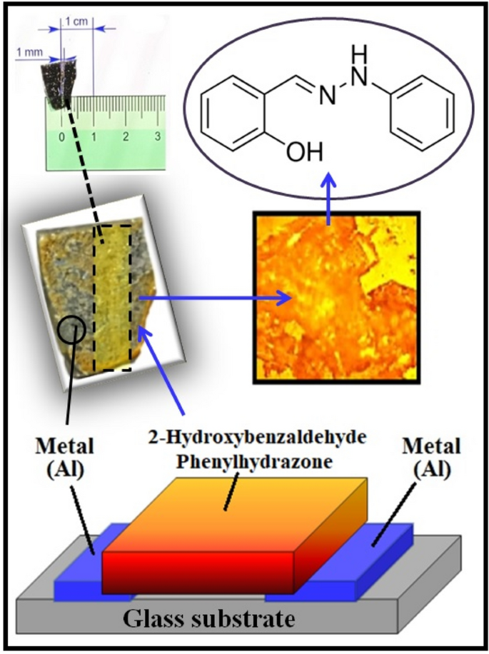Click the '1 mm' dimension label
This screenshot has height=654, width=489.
(x=30, y=53)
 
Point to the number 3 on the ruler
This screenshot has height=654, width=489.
(x=156, y=136)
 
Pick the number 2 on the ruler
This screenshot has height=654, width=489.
(x=126, y=136)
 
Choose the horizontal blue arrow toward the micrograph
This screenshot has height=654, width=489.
(x=214, y=298)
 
